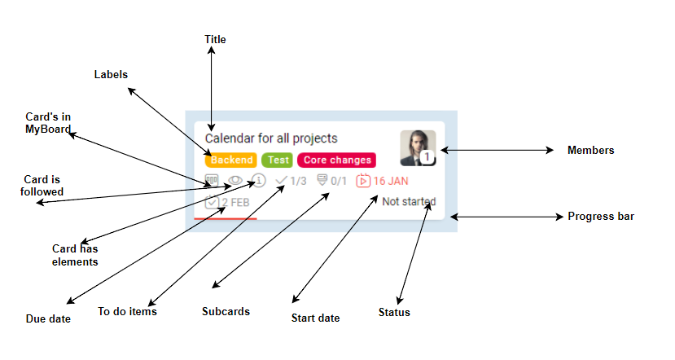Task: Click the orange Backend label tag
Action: [231, 160]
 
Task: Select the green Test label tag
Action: [278, 160]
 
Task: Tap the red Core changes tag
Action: [337, 160]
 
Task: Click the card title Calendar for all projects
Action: [271, 138]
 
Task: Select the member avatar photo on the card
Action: [417, 147]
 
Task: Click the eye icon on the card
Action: [235, 181]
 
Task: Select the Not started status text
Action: [409, 201]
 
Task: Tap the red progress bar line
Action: [226, 218]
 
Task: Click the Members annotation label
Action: [590, 151]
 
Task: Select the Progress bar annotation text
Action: [601, 217]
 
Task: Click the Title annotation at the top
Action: [215, 39]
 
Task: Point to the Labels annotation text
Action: [112, 74]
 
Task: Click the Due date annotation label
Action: [48, 318]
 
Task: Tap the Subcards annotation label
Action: [226, 311]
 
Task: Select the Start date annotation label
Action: [315, 318]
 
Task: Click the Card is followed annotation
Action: [42, 185]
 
